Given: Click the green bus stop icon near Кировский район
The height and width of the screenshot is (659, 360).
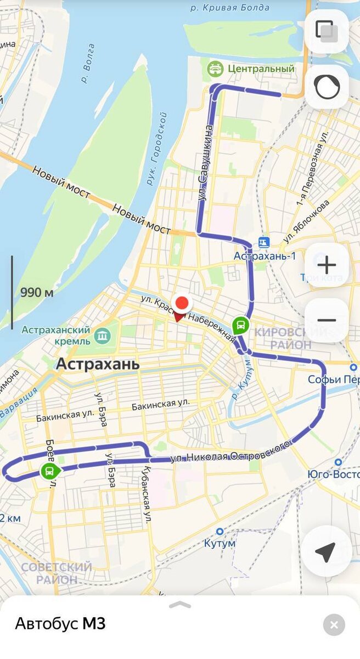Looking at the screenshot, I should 240,326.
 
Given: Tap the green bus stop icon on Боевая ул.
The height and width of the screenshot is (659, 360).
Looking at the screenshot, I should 50,471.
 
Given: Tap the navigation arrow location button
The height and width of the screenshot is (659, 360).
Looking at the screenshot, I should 326,552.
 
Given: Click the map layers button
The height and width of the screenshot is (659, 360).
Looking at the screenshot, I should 327,31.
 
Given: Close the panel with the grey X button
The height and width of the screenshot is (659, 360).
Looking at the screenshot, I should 334,624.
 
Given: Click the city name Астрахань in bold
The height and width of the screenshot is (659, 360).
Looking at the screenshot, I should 98,364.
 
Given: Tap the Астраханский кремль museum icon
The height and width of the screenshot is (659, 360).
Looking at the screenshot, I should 102,335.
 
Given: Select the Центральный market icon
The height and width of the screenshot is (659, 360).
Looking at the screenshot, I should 214,69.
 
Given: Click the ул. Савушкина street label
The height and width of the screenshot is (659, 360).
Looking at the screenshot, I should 205,163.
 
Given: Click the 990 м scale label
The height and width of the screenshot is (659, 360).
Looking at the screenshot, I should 37,292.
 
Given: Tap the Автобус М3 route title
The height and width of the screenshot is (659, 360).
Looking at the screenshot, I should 60,624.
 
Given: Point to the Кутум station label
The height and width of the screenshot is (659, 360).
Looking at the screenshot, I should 220,543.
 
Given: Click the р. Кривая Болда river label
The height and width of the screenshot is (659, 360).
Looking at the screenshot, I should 230,8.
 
